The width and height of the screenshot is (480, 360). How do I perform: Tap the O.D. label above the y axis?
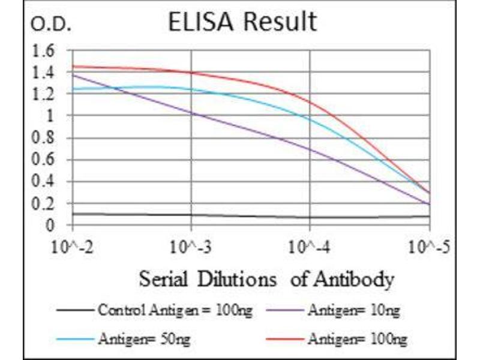tap(50, 25)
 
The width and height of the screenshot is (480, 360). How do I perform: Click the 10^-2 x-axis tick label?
tap(72, 247)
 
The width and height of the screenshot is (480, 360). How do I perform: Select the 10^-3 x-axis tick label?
tap(191, 247)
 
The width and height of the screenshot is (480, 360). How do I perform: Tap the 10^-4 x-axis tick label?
tap(310, 247)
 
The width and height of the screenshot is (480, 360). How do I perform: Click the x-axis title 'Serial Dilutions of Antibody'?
tap(266, 279)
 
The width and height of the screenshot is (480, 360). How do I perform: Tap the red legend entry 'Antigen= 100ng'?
tap(357, 340)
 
